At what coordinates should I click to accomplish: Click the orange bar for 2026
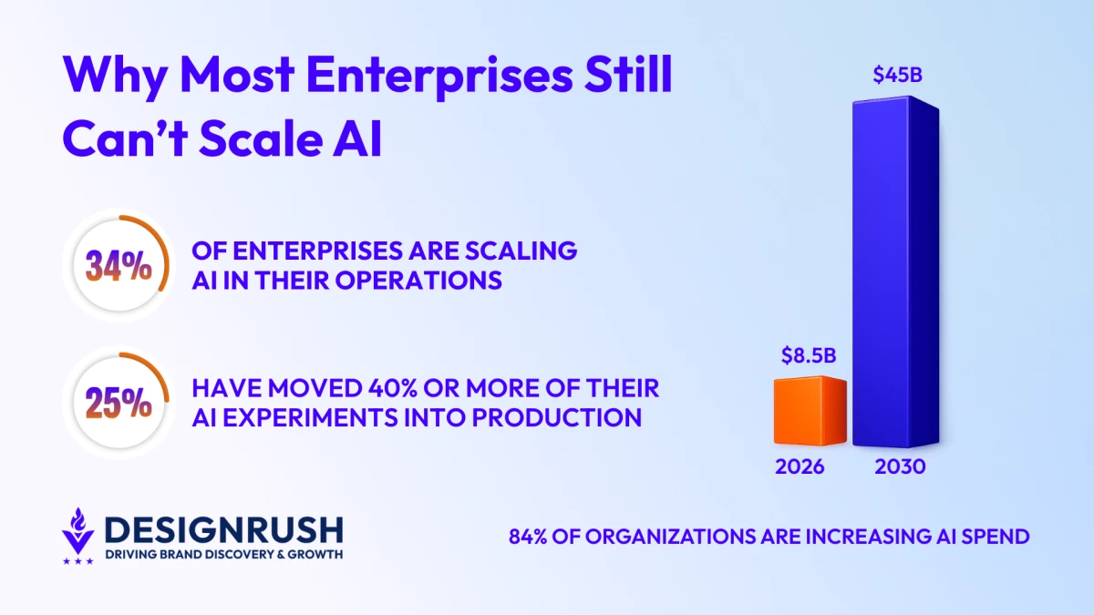pyautogui.click(x=810, y=411)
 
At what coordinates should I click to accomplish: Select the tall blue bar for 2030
pyautogui.click(x=895, y=272)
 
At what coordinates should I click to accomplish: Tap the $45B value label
pyautogui.click(x=898, y=75)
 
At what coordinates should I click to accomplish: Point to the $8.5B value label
pyautogui.click(x=809, y=355)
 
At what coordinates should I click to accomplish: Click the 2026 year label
pyautogui.click(x=800, y=467)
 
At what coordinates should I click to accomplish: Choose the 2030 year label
pyautogui.click(x=900, y=467)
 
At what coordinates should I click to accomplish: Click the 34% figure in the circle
pyautogui.click(x=119, y=266)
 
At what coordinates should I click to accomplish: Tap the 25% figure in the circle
pyautogui.click(x=119, y=403)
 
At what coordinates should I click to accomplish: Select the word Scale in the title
pyautogui.click(x=261, y=138)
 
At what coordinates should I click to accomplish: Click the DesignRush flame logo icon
pyautogui.click(x=78, y=536)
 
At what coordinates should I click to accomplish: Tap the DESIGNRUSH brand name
pyautogui.click(x=224, y=530)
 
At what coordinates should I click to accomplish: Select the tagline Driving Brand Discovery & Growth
pyautogui.click(x=224, y=555)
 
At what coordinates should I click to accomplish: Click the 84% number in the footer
pyautogui.click(x=528, y=537)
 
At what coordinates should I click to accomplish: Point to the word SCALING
pyautogui.click(x=521, y=251)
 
